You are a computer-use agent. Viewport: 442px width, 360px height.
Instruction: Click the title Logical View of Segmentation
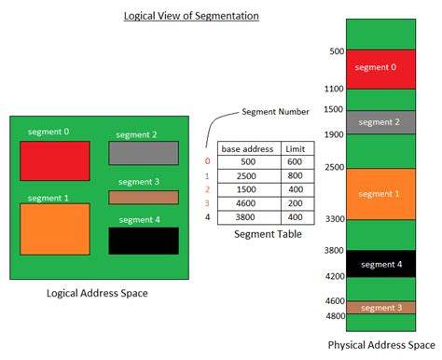coord(191,16)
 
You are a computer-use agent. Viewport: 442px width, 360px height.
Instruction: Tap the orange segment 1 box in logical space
coord(55,228)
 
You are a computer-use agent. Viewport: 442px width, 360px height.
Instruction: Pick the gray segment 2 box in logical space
coord(144,153)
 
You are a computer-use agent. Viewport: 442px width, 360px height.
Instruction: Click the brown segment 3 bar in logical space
coord(144,197)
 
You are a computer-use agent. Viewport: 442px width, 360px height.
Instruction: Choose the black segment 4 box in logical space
coord(144,240)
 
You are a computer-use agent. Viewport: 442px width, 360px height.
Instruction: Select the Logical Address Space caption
coord(97,294)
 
